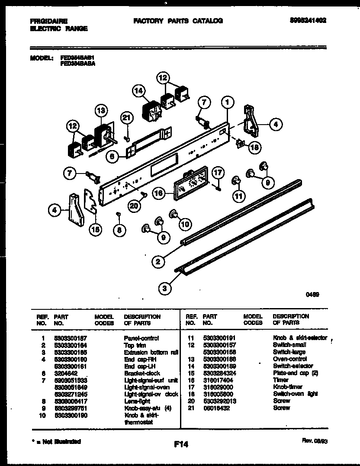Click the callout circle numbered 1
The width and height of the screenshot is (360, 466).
pyautogui.click(x=227, y=103)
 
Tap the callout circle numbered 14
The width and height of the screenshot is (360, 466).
pyautogui.click(x=138, y=91)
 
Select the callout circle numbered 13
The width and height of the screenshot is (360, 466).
pyautogui.click(x=100, y=111)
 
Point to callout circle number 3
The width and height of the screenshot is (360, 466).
pyautogui.click(x=164, y=288)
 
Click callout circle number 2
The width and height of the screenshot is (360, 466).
pyautogui.click(x=158, y=261)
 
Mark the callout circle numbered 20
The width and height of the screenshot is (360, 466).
pyautogui.click(x=135, y=206)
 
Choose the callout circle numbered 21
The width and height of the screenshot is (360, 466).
pyautogui.click(x=126, y=117)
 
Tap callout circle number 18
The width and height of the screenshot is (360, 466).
pyautogui.click(x=255, y=148)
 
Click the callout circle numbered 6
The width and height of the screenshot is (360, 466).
pyautogui.click(x=112, y=157)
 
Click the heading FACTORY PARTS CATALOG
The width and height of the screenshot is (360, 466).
pyautogui.click(x=178, y=21)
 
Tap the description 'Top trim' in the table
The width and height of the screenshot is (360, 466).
pyautogui.click(x=135, y=345)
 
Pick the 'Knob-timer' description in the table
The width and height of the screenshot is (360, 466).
pyautogui.click(x=288, y=387)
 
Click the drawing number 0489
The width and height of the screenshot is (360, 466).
pyautogui.click(x=312, y=295)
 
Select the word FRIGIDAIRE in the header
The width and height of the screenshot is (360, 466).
pyautogui.click(x=49, y=21)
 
